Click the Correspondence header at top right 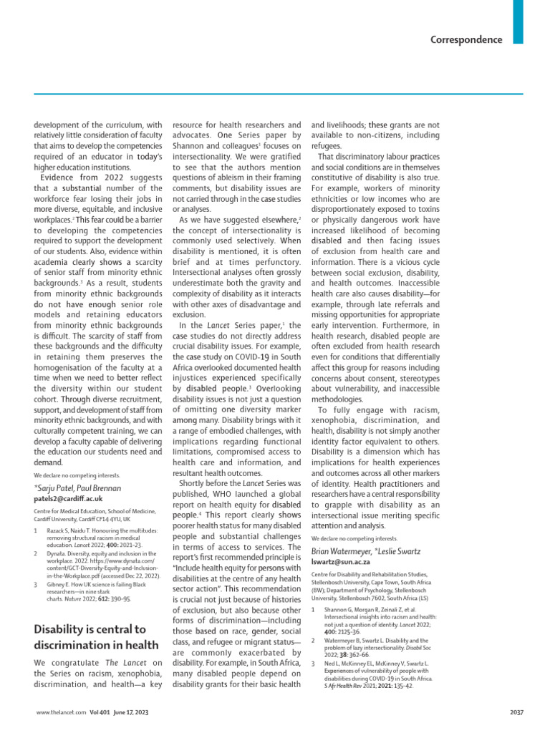(466, 39)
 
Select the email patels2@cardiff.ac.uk (68, 497)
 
